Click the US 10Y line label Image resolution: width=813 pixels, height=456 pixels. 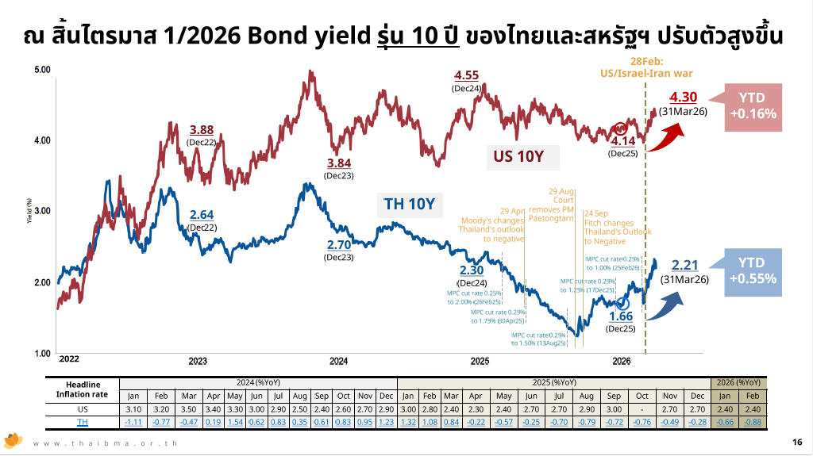click(518, 156)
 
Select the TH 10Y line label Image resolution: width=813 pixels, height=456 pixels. click(409, 205)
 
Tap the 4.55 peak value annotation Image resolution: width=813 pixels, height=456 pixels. click(466, 76)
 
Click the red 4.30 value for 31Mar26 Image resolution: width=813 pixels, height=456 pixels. click(684, 97)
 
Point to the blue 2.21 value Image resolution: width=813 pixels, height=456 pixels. click(684, 265)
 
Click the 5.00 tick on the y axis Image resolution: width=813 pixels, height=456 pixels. click(42, 71)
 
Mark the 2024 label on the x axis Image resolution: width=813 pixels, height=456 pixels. click(339, 361)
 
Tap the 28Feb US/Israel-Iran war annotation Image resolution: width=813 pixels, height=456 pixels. click(647, 67)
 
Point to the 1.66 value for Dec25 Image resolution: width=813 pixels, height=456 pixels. click(621, 316)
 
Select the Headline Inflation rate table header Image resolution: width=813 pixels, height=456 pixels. click(82, 389)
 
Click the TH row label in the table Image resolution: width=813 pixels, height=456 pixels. click(82, 421)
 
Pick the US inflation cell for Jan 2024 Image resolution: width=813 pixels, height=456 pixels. click(133, 408)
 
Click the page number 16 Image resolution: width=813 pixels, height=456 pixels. click(796, 442)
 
